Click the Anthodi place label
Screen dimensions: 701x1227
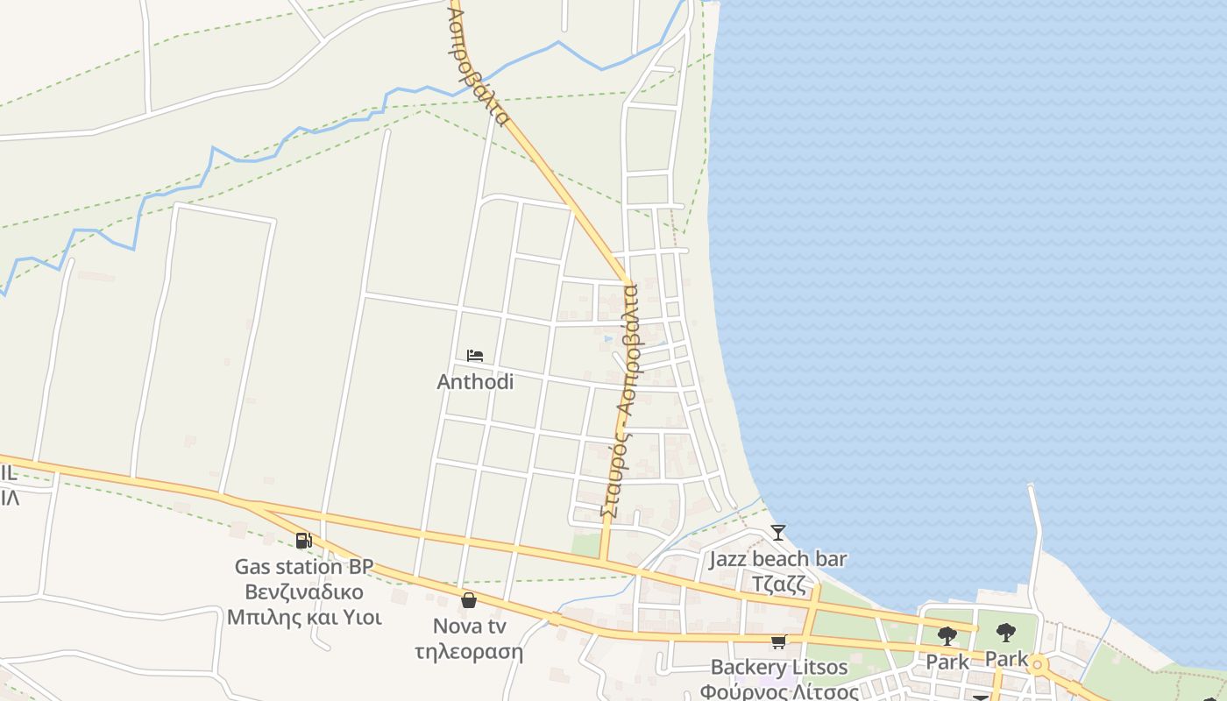click(475, 382)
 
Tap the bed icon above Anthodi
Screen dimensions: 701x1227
click(475, 356)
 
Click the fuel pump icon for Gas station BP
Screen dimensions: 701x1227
click(303, 541)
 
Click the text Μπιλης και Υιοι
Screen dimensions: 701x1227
click(304, 617)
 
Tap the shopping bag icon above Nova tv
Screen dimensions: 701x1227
click(469, 600)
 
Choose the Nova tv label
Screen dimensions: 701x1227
click(469, 627)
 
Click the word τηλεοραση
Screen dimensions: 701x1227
click(469, 652)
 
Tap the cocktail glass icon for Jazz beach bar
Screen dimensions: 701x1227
click(777, 533)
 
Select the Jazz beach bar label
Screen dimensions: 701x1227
click(778, 559)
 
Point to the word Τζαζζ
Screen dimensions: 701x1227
click(778, 584)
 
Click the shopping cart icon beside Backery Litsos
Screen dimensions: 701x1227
click(778, 642)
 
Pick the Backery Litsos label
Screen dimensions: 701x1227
click(779, 668)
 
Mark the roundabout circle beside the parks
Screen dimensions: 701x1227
click(1038, 665)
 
